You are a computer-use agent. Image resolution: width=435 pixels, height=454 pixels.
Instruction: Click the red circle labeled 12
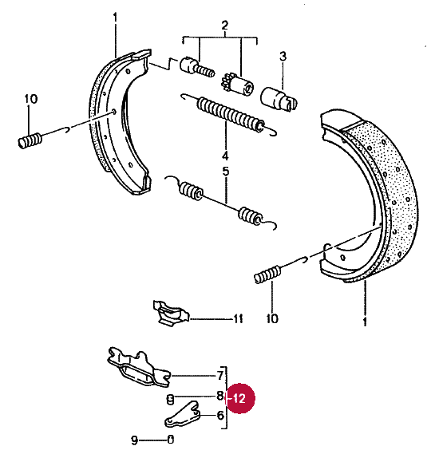[239, 398]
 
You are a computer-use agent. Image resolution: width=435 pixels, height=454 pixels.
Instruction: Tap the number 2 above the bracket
[225, 26]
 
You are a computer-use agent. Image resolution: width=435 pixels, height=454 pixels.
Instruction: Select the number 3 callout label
[283, 56]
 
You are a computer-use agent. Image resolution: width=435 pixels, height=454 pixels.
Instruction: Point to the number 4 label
[226, 156]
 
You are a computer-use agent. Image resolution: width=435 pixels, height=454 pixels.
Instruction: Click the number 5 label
[226, 172]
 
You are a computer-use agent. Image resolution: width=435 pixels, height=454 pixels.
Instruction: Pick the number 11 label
[239, 319]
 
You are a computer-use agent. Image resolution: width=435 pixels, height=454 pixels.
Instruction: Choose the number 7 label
[220, 376]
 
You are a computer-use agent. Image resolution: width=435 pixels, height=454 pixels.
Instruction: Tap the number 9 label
[135, 440]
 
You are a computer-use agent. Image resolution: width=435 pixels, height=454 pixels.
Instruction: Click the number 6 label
[220, 415]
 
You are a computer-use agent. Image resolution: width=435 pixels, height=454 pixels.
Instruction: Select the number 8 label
[220, 396]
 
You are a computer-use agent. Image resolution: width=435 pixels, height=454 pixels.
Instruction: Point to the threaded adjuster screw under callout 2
[197, 68]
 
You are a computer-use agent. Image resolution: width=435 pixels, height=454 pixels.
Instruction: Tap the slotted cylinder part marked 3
[279, 99]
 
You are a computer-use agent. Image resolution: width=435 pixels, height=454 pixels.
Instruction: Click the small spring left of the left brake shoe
[30, 140]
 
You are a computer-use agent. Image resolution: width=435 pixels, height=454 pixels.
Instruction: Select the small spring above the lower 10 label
[267, 274]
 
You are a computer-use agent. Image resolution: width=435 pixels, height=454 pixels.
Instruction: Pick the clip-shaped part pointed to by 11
[170, 313]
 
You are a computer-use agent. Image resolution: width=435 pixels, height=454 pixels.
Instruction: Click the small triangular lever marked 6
[183, 415]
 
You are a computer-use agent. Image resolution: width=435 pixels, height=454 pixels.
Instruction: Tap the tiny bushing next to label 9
[171, 440]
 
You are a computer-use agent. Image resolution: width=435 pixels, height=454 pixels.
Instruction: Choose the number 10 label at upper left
[31, 99]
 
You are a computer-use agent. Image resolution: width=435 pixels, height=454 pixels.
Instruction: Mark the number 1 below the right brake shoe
[365, 321]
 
